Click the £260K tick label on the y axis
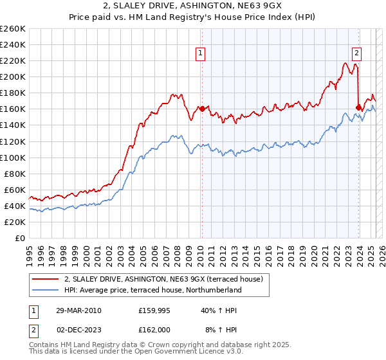12,28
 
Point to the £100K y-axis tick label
12,157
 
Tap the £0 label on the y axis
19,238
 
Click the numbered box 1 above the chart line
201,54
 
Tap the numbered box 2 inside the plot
356,54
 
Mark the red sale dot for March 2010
202,109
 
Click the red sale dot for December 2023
358,107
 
